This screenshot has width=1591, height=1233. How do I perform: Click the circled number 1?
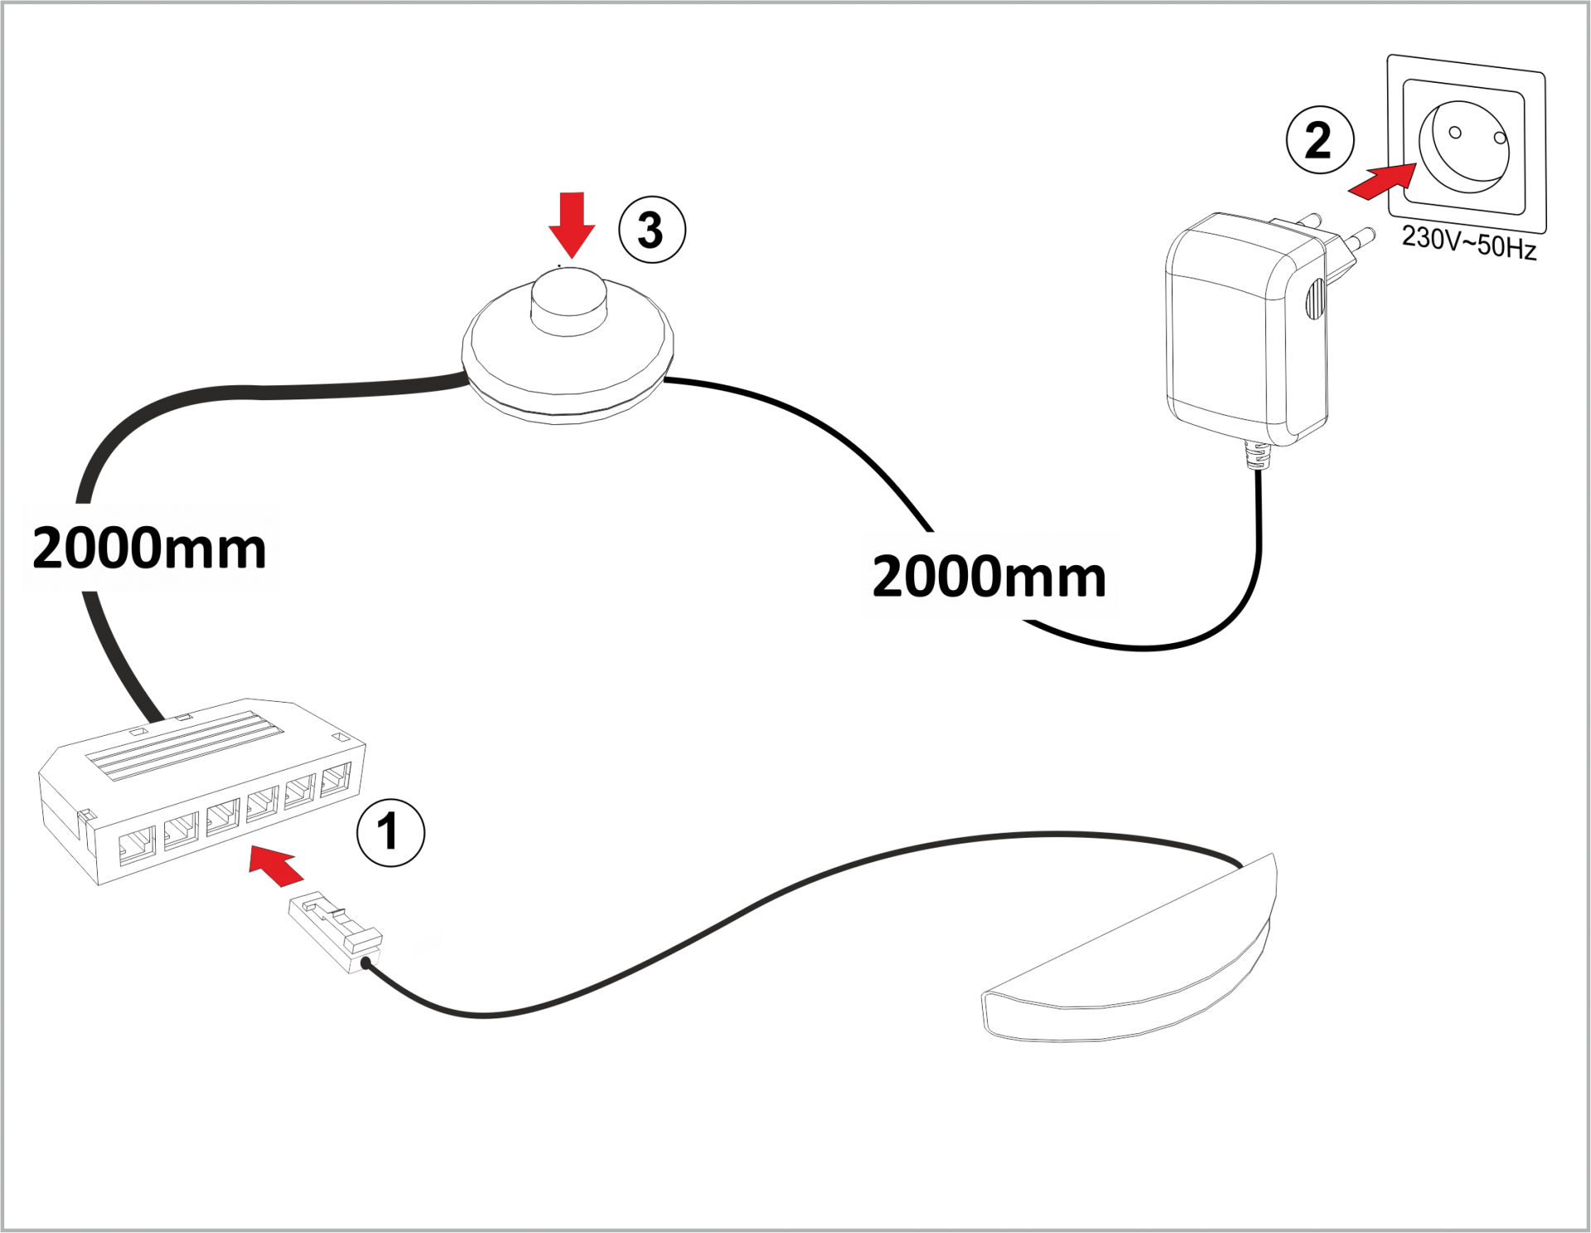(390, 833)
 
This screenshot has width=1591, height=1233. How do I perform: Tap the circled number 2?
(1320, 140)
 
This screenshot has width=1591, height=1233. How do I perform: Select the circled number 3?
(652, 230)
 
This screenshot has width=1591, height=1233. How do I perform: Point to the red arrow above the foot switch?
(572, 225)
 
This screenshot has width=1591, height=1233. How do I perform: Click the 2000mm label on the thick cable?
(149, 548)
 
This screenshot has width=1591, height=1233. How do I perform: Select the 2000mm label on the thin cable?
(989, 577)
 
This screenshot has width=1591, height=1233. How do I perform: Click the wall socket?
(1467, 144)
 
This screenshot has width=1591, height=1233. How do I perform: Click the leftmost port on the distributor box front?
(137, 845)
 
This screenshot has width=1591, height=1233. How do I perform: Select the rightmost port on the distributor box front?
(336, 780)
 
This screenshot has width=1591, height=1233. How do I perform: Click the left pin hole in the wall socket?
(1454, 133)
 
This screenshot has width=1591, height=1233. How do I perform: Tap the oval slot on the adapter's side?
(1315, 298)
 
